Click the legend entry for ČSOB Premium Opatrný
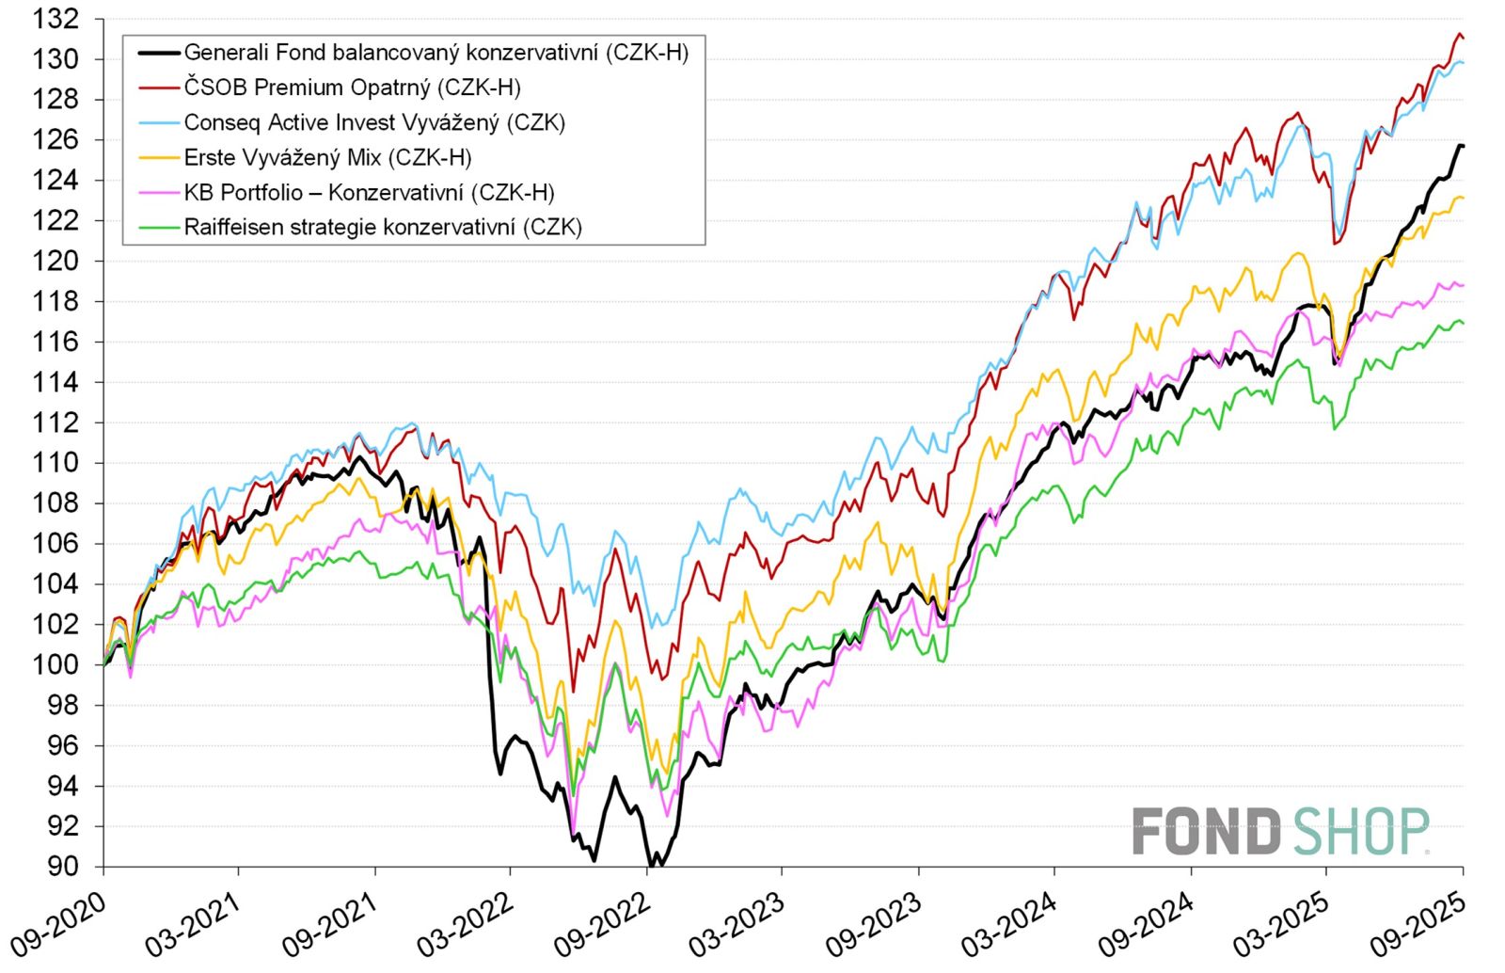[352, 88]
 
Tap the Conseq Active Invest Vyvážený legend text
[373, 122]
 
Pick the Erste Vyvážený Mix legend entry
[327, 157]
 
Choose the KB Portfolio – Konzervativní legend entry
[369, 192]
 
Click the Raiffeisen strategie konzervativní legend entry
[383, 227]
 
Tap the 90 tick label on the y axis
[62, 866]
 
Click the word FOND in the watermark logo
[1206, 832]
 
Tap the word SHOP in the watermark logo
[1360, 832]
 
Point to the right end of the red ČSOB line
[1463, 39]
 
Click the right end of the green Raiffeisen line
[1463, 324]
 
